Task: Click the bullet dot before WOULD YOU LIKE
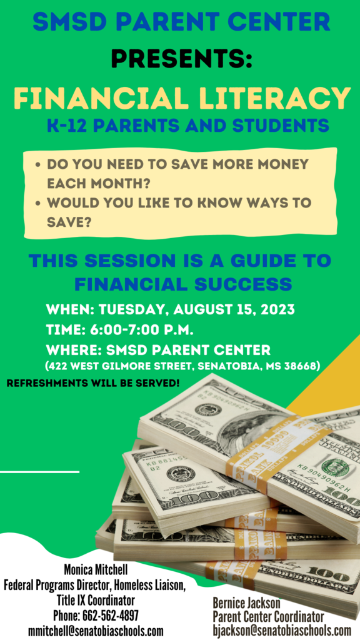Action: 38,203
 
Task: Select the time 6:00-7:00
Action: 122,329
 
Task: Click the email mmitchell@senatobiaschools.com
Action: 96,631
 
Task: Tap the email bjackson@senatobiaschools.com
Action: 282,629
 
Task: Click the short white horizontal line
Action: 39,472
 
